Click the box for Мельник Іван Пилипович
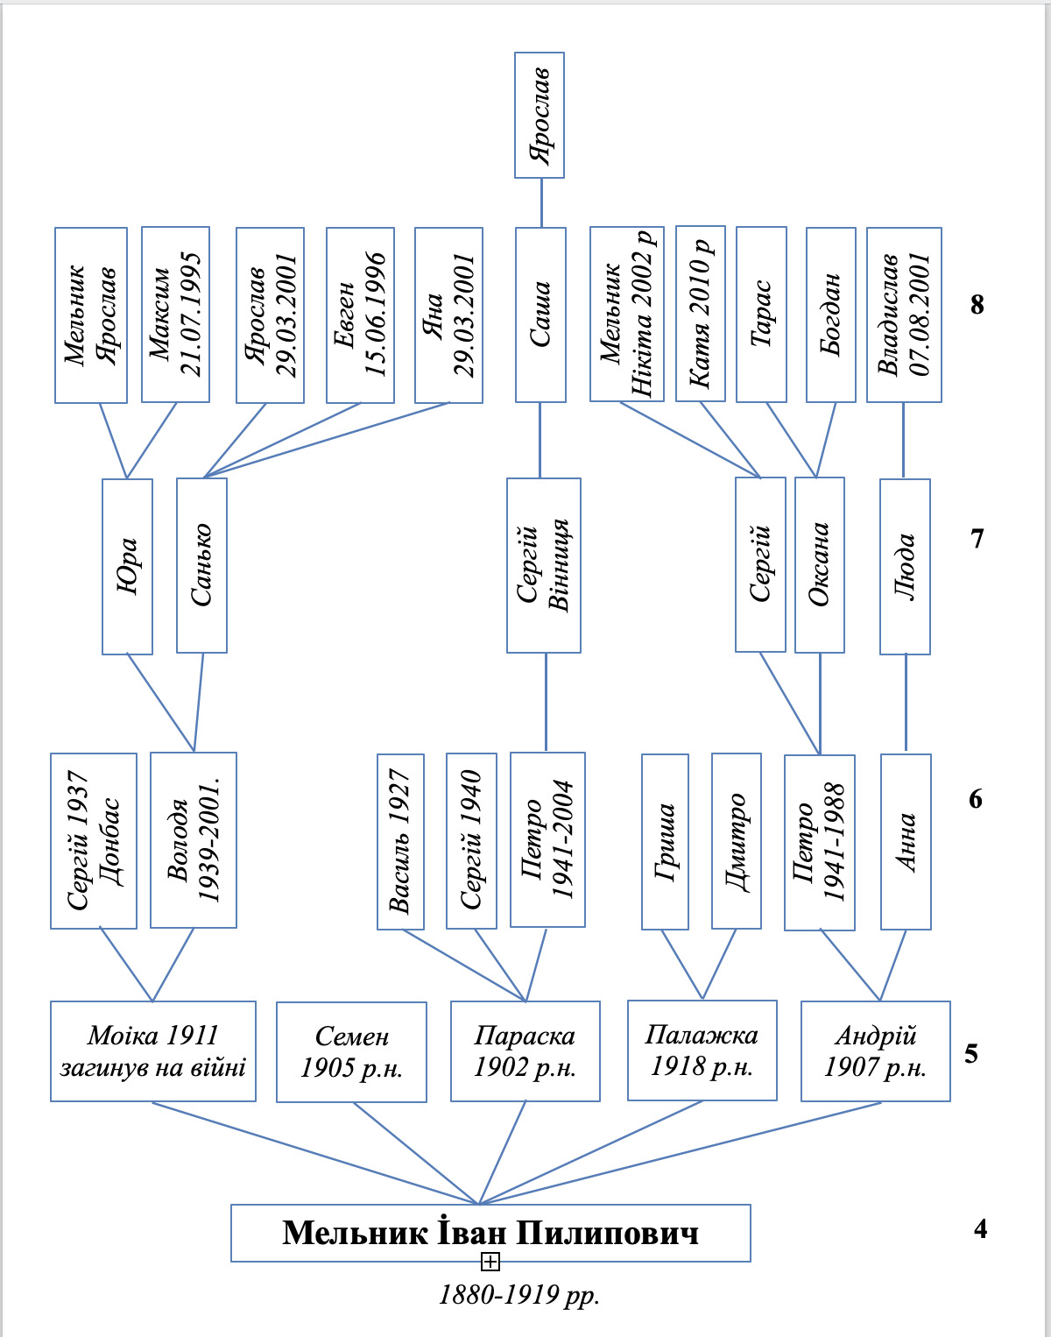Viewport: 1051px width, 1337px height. pos(490,1233)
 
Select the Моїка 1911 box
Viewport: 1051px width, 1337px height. pos(152,1051)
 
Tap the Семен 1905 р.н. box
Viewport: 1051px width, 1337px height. pos(351,1052)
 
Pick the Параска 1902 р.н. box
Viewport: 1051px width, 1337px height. pos(525,1051)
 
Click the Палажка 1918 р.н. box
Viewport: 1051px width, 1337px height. pos(702,1050)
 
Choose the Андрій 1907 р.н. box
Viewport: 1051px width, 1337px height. pos(876,1051)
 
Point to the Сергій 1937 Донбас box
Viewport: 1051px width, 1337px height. pos(94,840)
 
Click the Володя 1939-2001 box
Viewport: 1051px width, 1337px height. pos(194,840)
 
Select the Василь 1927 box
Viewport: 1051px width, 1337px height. pos(400,842)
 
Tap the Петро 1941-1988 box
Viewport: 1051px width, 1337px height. pos(820,843)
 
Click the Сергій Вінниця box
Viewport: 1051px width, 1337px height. pos(544,565)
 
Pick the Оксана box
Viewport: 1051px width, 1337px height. pos(820,565)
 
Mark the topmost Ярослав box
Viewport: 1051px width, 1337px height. pos(540,115)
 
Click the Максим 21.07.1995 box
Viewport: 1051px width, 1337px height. pos(176,315)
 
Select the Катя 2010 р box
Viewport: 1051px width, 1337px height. pos(701,314)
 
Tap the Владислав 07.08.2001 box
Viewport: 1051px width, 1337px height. pos(905,315)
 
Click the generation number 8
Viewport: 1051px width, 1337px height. pos(977,304)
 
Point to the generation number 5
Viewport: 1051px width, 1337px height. pos(971,1053)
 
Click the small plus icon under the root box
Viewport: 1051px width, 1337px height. pos(490,1262)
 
